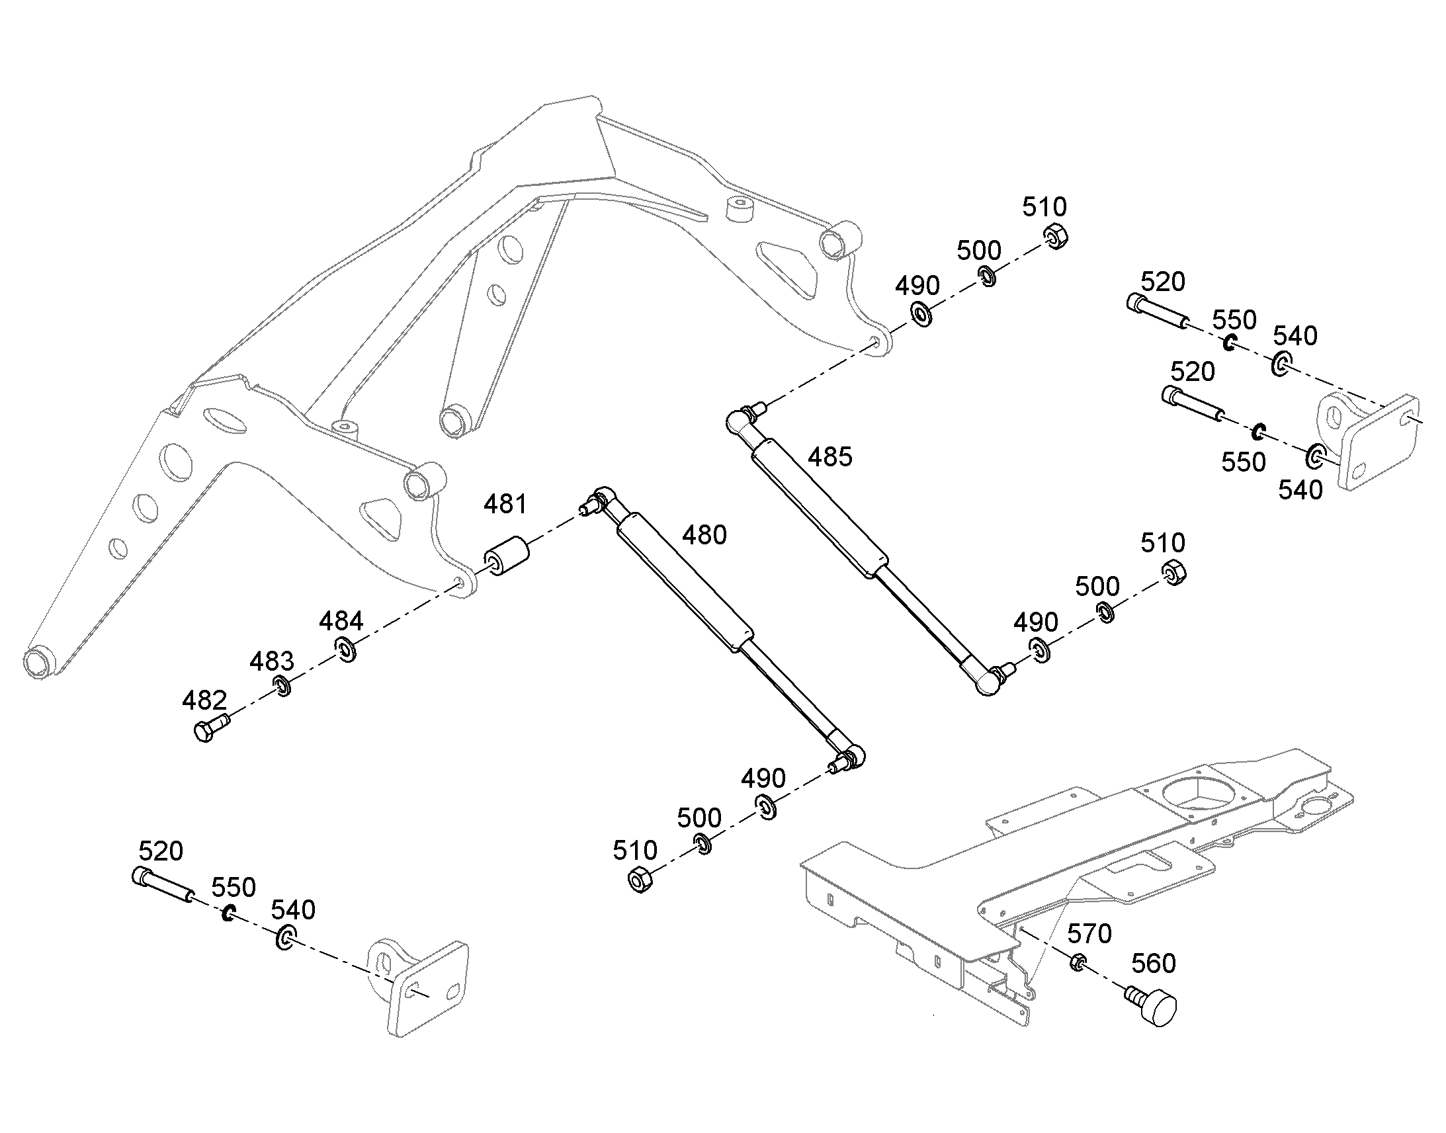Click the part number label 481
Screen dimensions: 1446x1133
coord(505,505)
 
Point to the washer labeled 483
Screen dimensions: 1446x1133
coord(282,686)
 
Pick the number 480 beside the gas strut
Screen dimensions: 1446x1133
coord(704,534)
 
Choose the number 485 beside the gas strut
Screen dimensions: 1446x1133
coord(829,457)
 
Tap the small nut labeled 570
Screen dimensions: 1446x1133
coord(1078,961)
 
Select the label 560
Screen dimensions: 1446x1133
coord(1153,963)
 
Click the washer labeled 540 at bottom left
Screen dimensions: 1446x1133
coord(286,937)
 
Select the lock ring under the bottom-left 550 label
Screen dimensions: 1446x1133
coord(229,913)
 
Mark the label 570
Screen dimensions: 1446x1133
coord(1089,934)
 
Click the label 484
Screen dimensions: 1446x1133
coord(341,622)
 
